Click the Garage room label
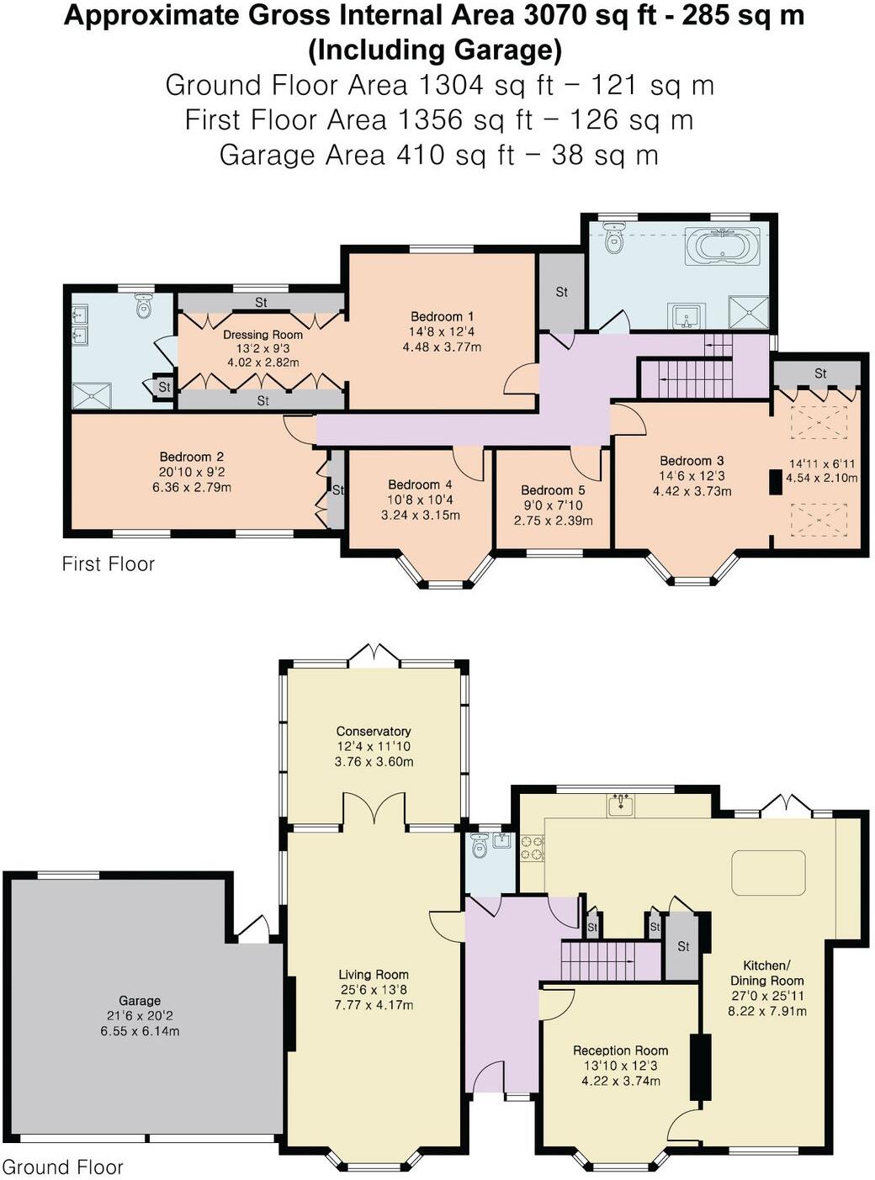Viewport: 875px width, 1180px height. [140, 1000]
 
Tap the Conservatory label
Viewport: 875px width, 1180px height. [374, 731]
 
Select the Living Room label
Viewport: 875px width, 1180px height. [374, 974]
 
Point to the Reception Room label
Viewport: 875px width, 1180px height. [620, 1050]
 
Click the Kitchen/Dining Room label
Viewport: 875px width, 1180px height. [766, 972]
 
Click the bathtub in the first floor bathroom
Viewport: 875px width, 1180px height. [722, 247]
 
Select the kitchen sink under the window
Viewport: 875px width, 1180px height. [621, 806]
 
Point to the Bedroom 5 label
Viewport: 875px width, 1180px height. [553, 489]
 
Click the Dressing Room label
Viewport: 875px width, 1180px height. [262, 334]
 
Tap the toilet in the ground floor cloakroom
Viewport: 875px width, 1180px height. [480, 846]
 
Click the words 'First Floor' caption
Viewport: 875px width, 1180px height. [109, 564]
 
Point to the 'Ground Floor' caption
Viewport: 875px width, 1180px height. [63, 1167]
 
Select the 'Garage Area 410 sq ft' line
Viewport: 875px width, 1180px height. [437, 155]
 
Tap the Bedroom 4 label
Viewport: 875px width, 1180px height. [420, 484]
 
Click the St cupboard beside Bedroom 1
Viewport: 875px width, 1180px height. [561, 292]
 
